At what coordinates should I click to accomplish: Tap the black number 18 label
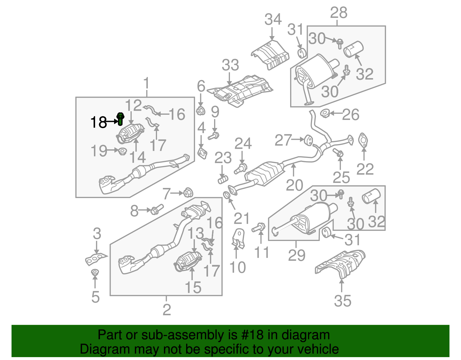[99, 122]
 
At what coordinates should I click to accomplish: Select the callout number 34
[273, 19]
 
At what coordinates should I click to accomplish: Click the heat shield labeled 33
[241, 91]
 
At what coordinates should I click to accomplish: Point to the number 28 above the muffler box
[339, 13]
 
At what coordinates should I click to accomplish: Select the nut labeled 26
[325, 113]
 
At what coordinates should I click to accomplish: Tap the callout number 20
[294, 185]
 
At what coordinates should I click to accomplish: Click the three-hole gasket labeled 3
[96, 258]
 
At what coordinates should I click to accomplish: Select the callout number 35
[343, 301]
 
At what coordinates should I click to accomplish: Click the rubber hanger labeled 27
[308, 140]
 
